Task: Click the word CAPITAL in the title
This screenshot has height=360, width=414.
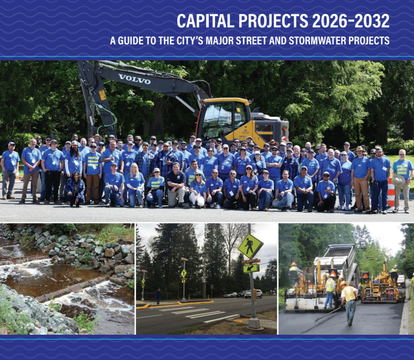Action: click(205, 21)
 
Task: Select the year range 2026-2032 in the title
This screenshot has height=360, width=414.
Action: click(351, 21)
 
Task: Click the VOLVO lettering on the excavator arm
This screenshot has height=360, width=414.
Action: click(134, 79)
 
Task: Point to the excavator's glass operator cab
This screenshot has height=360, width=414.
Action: click(223, 119)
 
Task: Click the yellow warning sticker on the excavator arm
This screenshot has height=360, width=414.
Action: click(102, 95)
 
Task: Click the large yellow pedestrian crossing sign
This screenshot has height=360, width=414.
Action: click(250, 246)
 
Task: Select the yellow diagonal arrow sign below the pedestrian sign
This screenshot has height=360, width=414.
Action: click(251, 268)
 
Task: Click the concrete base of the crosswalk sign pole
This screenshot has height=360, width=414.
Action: click(254, 323)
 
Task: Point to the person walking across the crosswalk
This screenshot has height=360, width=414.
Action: click(158, 296)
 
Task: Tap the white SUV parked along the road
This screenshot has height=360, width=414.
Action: click(253, 294)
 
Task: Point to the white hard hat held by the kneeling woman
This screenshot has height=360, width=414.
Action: click(197, 199)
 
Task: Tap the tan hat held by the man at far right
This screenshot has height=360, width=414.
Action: click(398, 181)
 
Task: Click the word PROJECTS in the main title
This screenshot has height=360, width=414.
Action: click(273, 21)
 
